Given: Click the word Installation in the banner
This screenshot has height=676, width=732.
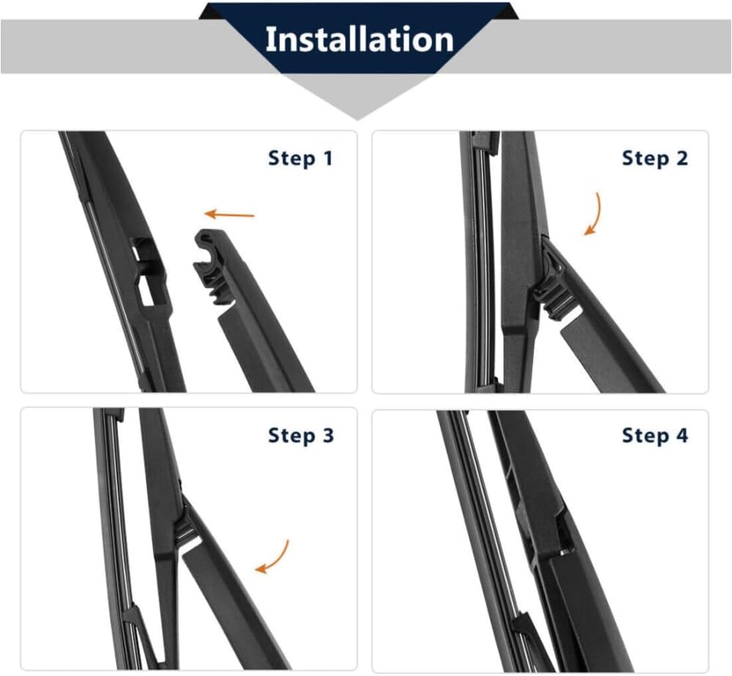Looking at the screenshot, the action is click(359, 39).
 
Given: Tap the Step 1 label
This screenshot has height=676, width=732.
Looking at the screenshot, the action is click(301, 158).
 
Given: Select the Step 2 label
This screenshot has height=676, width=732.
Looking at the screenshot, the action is click(655, 158).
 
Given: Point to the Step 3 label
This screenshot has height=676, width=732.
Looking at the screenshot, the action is click(301, 435).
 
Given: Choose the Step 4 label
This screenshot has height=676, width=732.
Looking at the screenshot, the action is click(655, 435).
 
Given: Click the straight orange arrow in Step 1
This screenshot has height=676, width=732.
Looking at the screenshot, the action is click(230, 214).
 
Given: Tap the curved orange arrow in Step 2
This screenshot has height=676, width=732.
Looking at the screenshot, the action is click(594, 214).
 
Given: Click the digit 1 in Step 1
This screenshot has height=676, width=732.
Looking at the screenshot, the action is click(328, 158).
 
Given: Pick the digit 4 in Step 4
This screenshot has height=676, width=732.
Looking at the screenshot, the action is click(681, 435).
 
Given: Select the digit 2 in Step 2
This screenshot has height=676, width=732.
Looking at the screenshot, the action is click(681, 158).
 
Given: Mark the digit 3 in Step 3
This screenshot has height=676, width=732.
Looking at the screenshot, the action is click(328, 435).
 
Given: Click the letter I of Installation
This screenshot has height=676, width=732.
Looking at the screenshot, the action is click(269, 40).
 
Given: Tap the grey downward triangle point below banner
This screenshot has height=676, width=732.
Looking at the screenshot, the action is click(358, 119).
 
